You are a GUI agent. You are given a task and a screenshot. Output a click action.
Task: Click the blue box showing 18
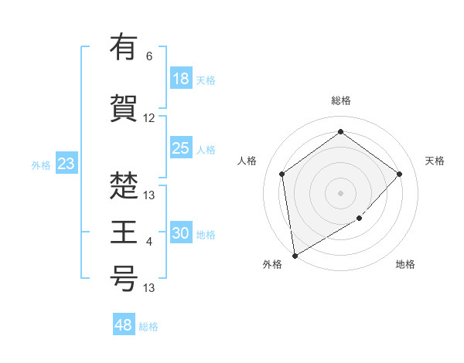coord(181,79)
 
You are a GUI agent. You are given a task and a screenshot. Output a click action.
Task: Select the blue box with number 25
coord(181,149)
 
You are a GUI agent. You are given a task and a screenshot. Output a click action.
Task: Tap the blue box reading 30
coord(181,233)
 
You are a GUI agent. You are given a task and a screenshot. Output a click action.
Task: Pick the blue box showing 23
coord(66,164)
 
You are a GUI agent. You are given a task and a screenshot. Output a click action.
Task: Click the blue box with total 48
coord(124,325)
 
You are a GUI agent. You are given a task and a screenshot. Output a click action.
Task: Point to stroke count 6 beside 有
coord(149,56)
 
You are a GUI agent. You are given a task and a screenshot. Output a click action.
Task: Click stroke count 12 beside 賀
coord(149,118)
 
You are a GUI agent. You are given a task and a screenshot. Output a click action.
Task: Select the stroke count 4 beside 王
coord(149,243)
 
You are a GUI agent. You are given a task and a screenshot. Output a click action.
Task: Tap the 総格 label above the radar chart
coord(340,100)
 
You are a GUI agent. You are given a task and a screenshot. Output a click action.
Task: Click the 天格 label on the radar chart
coord(435,161)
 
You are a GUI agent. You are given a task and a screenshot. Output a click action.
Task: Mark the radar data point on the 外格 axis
coord(295,255)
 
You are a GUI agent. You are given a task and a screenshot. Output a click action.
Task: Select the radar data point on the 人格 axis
coord(282,174)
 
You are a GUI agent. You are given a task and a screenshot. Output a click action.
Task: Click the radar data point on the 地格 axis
coord(359,218)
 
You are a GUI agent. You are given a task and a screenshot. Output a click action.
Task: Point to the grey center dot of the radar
coord(340,192)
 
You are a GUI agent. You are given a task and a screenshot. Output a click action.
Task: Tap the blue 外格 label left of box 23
coord(40,165)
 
